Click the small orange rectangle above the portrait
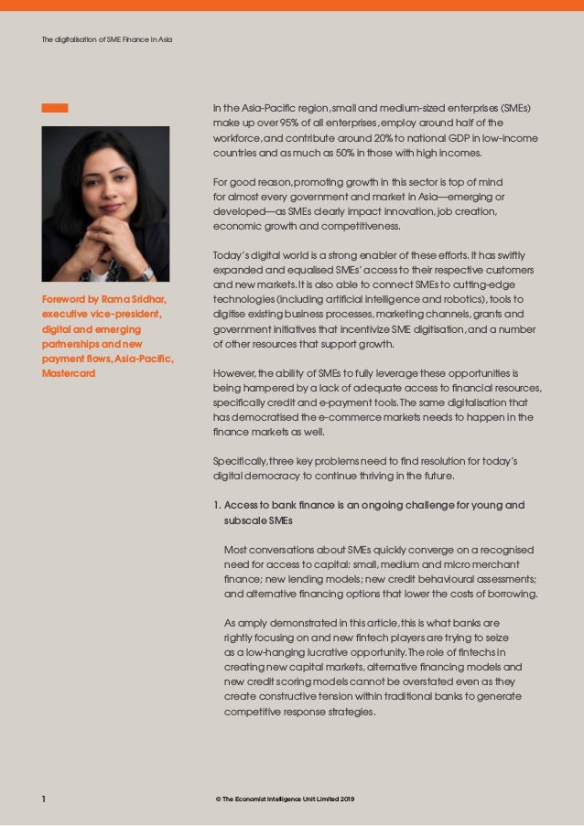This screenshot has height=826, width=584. tap(54, 108)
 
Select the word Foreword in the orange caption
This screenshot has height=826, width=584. tap(65, 299)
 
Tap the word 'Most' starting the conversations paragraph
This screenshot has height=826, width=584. tap(237, 550)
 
